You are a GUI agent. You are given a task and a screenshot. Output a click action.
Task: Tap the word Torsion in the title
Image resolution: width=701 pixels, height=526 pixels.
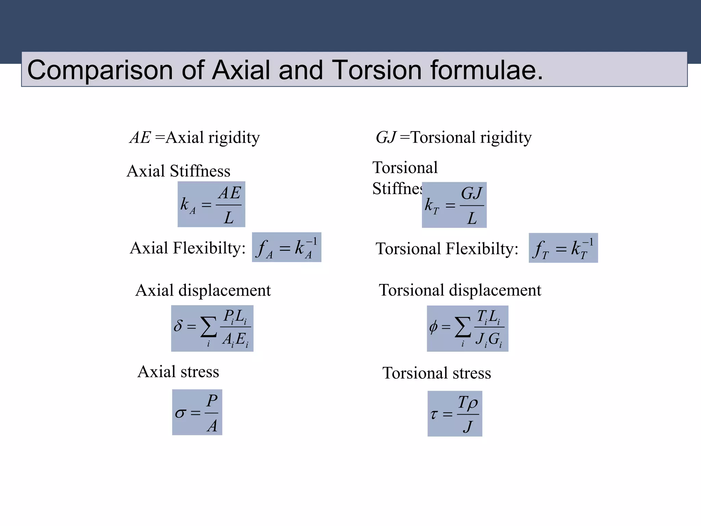[377, 70]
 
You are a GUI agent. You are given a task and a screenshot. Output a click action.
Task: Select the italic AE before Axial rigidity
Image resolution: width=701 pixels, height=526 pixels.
[140, 138]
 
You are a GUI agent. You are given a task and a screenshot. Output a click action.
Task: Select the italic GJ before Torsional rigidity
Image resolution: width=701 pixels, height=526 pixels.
[386, 138]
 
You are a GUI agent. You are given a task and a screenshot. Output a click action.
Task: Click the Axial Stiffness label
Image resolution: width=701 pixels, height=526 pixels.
[178, 171]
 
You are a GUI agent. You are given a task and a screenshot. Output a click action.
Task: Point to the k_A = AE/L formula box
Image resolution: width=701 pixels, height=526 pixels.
[211, 204]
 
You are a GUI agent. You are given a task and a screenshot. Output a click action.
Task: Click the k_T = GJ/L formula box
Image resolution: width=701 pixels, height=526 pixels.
[454, 205]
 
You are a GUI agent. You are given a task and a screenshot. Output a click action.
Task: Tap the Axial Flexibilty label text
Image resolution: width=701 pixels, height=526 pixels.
[188, 248]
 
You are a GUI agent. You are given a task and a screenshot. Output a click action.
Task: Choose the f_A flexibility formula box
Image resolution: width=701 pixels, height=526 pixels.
[286, 247]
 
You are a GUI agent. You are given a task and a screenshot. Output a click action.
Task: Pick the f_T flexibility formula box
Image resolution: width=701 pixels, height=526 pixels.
[563, 248]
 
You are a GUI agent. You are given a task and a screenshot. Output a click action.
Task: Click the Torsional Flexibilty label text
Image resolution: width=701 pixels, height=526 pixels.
[447, 249]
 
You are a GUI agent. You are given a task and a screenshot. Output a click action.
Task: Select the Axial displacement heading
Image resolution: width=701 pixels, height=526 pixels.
[203, 290]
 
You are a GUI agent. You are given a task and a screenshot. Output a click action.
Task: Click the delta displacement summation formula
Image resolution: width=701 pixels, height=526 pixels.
[212, 328]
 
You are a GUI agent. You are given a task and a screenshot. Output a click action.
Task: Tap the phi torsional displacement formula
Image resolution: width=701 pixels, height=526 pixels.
[468, 328]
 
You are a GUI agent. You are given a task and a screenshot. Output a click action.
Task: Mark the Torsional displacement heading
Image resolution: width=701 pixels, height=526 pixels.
[460, 290]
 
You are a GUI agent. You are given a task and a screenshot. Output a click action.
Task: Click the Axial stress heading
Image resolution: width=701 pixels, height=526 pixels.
[178, 372]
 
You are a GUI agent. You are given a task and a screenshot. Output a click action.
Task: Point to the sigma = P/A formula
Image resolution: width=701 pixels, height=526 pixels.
[197, 412]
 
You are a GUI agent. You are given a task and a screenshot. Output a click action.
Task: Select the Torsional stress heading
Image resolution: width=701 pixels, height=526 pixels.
[436, 373]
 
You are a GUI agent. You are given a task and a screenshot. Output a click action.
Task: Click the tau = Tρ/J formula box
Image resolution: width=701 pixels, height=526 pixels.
[455, 413]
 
